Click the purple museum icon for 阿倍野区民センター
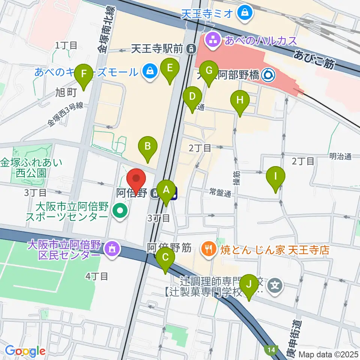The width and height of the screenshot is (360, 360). pos(112,248)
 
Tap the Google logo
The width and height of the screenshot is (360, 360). pos(25,351)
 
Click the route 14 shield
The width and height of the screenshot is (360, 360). pos(271,350)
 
